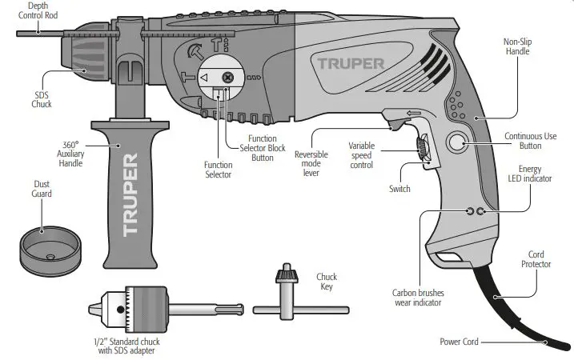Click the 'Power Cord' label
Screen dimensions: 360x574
459,342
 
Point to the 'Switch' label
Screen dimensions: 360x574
399,189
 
